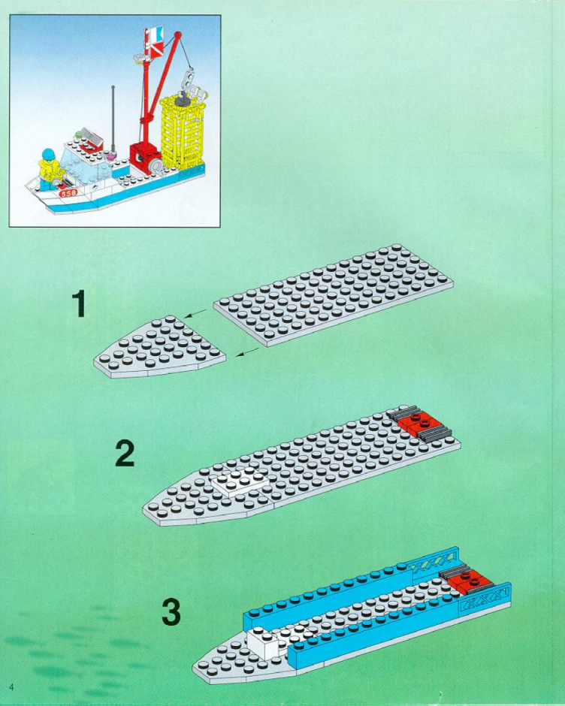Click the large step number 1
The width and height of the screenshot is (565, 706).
pos(80,303)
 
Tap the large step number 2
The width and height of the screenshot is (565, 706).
pos(125,453)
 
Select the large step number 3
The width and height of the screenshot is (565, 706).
pos(171,611)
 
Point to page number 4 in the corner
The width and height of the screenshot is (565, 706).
pos(11,687)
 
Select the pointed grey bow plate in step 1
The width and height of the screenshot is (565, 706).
pos(159,347)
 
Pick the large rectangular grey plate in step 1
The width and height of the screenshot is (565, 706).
pos(334,295)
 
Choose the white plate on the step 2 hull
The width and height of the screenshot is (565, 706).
pos(239,484)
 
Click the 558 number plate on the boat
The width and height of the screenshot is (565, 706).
pos(69,193)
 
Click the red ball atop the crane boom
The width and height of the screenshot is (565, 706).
pos(177,35)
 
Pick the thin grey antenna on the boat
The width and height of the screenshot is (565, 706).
pos(113,119)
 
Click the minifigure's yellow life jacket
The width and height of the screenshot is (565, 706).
pos(48,170)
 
